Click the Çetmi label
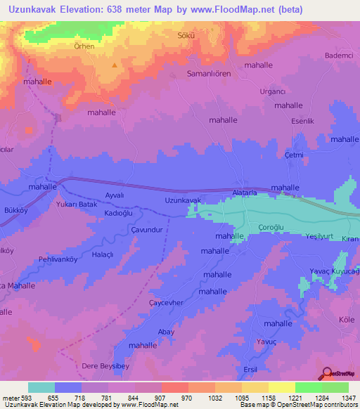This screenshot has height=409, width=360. [293, 155]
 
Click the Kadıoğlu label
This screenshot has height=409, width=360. [119, 213]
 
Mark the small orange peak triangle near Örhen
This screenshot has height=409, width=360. [114, 65]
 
